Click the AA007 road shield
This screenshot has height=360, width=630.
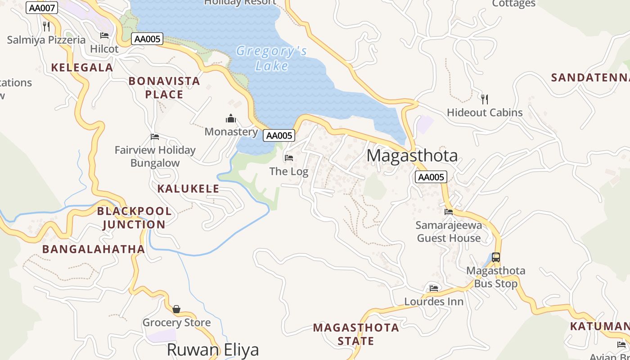(42, 8)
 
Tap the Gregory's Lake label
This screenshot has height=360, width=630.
(272, 58)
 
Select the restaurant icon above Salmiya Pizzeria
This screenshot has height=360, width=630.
(46, 26)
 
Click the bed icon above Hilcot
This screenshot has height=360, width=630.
(104, 35)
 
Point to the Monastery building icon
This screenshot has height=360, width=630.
(231, 118)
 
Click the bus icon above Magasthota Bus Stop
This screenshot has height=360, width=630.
(495, 257)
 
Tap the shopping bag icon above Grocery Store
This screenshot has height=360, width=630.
(176, 309)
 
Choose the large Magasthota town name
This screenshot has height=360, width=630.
(412, 156)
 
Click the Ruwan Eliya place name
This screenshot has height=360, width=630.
(212, 350)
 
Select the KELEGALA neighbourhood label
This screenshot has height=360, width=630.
(82, 67)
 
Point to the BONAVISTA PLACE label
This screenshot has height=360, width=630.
(164, 88)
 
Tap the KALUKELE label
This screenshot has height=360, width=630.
(188, 189)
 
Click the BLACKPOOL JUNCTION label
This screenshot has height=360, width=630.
(134, 217)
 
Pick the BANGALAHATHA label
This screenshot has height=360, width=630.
(94, 249)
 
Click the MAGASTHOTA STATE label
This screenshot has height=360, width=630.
(356, 334)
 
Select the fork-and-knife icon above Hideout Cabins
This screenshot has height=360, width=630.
(485, 99)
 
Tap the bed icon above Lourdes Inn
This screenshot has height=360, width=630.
(434, 288)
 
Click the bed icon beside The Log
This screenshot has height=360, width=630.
(289, 158)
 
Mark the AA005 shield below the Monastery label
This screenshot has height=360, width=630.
(279, 135)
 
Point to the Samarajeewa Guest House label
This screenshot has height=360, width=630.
(449, 231)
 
